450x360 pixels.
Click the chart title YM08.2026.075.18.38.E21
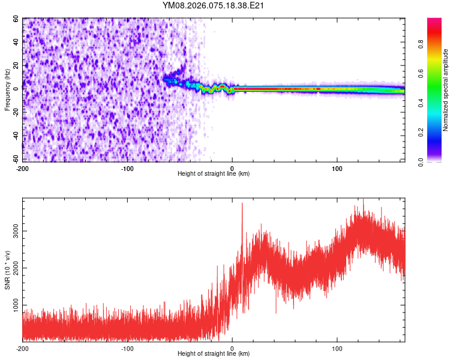214,5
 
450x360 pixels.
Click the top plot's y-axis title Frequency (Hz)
7,91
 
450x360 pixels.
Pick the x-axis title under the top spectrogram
214,173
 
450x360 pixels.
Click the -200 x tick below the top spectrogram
23,167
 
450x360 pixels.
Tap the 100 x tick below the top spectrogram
337,167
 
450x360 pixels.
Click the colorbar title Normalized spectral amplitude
446,90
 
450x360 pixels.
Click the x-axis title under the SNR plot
214,354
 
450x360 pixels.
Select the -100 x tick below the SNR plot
127,348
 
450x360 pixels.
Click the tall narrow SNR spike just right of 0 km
242,207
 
